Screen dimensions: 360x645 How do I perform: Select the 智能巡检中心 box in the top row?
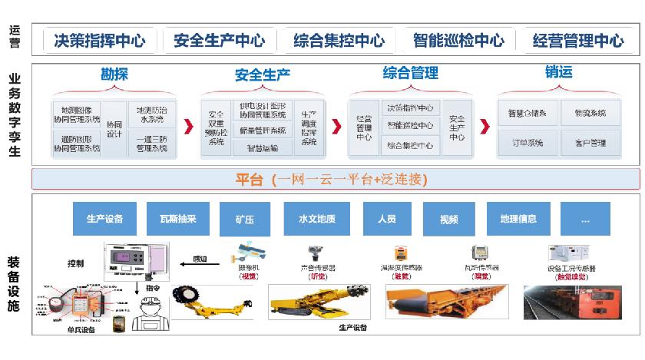458,40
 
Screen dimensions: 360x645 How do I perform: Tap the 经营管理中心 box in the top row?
578,40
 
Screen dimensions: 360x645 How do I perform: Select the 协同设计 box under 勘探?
114,129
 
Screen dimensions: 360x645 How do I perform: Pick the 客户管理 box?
590,143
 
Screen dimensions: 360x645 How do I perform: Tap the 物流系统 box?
590,113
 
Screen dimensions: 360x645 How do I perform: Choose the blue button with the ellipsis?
585,219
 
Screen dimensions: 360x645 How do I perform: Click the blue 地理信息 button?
518,219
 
